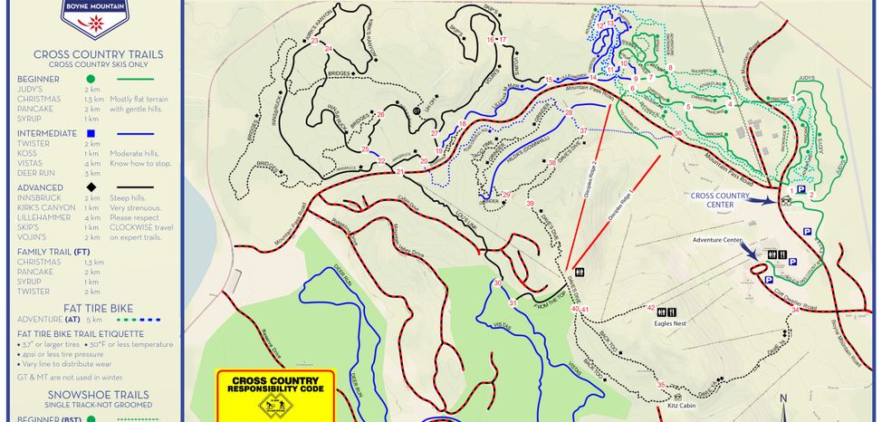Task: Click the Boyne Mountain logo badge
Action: [x=95, y=11]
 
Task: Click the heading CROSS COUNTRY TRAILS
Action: [x=98, y=54]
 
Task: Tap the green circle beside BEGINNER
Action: [x=91, y=80]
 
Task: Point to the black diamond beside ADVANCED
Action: [x=91, y=187]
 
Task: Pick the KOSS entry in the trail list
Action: [x=27, y=153]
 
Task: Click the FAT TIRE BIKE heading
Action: [x=98, y=308]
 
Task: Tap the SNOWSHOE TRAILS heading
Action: [x=98, y=395]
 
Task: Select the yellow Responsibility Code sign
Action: [x=275, y=396]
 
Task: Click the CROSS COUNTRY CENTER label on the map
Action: [x=720, y=200]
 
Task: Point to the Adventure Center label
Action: [x=718, y=240]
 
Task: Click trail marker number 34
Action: [x=795, y=310]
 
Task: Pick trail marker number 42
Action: [x=651, y=308]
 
